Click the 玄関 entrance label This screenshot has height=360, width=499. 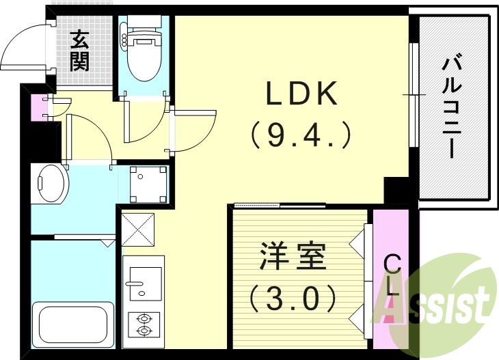80,51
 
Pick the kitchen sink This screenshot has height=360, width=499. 144,281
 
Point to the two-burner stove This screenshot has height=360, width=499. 144,324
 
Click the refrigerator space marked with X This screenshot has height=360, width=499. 139,230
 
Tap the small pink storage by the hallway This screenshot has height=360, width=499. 38,107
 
